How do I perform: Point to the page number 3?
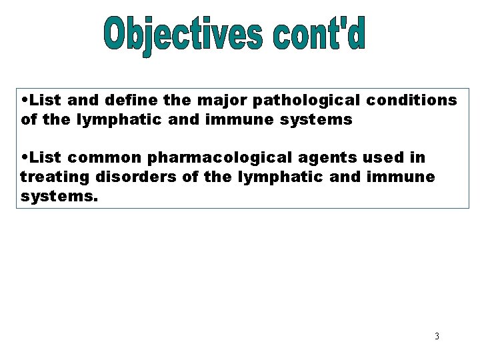pos(436,335)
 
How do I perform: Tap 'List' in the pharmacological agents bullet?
pos(44,159)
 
